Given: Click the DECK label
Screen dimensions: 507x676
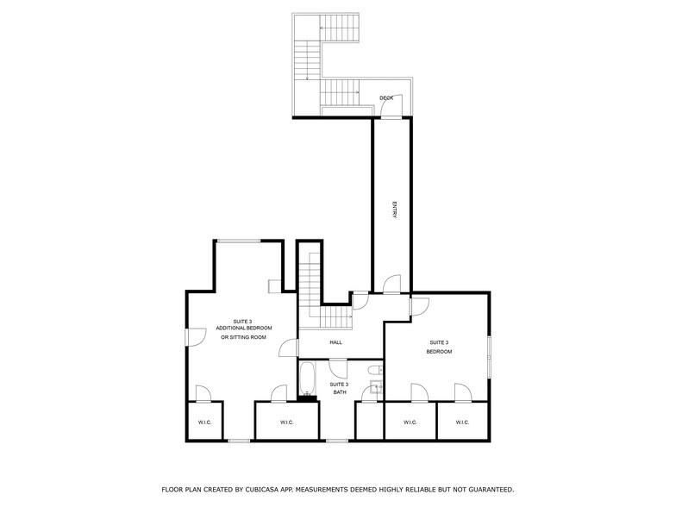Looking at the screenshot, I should [x=386, y=98].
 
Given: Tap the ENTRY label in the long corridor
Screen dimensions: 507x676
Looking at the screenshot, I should [x=394, y=211].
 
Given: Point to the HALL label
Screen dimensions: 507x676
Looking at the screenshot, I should [x=336, y=342].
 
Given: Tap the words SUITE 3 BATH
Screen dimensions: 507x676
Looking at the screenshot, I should [x=339, y=389].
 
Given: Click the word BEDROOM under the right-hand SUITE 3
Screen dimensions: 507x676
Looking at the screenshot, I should [x=439, y=352].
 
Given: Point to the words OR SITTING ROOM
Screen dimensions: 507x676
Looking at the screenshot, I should [x=243, y=337].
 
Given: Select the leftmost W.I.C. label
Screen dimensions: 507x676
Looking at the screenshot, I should [x=205, y=422].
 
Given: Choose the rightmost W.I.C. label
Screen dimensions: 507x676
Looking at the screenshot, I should [x=462, y=422].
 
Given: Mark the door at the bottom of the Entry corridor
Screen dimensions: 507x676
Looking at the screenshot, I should [x=391, y=285].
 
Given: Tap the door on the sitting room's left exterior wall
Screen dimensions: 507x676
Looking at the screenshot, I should [x=195, y=336].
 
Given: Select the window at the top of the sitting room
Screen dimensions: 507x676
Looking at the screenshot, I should [x=238, y=241].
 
